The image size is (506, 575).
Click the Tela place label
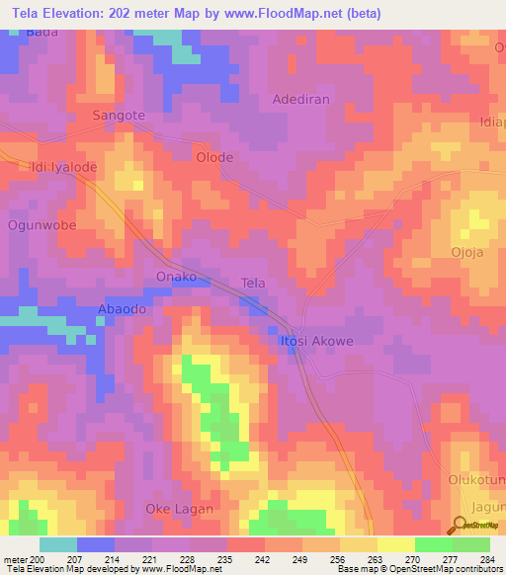click(x=254, y=283)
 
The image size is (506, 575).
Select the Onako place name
click(x=177, y=277)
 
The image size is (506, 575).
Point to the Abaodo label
click(x=122, y=309)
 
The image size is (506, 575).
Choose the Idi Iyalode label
click(x=64, y=167)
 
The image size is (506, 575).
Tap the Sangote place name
click(x=119, y=116)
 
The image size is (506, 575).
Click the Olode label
click(x=214, y=157)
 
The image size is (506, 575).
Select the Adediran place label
click(x=300, y=100)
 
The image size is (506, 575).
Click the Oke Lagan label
click(x=179, y=509)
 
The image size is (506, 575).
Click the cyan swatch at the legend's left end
click(x=57, y=544)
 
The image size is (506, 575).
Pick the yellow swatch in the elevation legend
click(x=395, y=544)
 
